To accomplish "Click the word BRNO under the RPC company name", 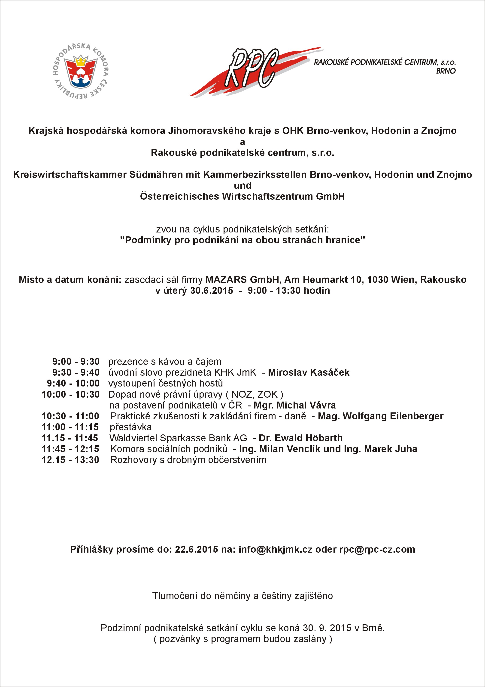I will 446,71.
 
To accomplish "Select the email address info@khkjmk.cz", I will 275,549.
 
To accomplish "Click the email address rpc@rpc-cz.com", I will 377,549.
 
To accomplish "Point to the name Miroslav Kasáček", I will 309,372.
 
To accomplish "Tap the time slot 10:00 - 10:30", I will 70,394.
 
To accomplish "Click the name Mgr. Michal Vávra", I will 295,405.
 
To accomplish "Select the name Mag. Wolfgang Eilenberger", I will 380,416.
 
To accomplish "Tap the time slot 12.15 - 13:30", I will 70,460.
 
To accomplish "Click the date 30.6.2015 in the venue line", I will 212,291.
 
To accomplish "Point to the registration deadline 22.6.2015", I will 196,549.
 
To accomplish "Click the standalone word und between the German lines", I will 242,186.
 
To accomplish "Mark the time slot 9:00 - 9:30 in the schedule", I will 76,362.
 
